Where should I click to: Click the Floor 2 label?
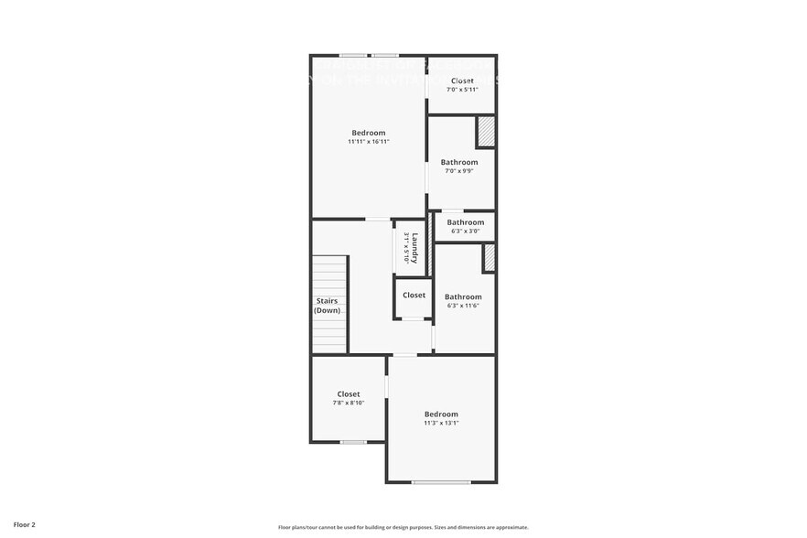pyautogui.click(x=17, y=525)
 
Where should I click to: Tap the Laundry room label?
pyautogui.click(x=414, y=248)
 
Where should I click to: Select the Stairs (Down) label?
pyautogui.click(x=328, y=306)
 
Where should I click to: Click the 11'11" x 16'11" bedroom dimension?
pyautogui.click(x=369, y=142)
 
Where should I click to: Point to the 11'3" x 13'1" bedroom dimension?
pyautogui.click(x=441, y=424)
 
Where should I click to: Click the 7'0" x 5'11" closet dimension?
pyautogui.click(x=462, y=90)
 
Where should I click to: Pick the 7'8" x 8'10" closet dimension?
pyautogui.click(x=349, y=403)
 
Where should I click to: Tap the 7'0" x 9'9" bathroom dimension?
pyautogui.click(x=459, y=171)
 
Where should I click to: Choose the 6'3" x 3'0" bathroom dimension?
pyautogui.click(x=465, y=231)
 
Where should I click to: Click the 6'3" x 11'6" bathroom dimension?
pyautogui.click(x=463, y=306)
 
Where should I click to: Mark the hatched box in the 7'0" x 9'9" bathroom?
pyautogui.click(x=485, y=133)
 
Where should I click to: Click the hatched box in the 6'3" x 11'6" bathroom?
pyautogui.click(x=489, y=258)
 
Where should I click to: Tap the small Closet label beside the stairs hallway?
pyautogui.click(x=414, y=296)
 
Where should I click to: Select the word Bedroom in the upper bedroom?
pyautogui.click(x=369, y=133)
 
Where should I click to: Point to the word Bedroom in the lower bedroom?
pyautogui.click(x=441, y=414)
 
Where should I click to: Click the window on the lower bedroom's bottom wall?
pyautogui.click(x=441, y=482)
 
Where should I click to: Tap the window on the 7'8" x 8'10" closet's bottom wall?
pyautogui.click(x=353, y=442)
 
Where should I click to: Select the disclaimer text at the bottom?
pyautogui.click(x=403, y=527)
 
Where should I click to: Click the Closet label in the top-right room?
pyautogui.click(x=462, y=81)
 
